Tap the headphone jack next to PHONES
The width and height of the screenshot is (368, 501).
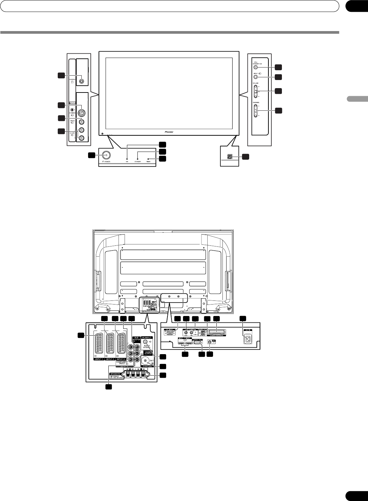(81, 81)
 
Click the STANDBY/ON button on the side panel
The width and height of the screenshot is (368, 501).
(256, 67)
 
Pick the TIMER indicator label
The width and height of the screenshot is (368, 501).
(148, 162)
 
